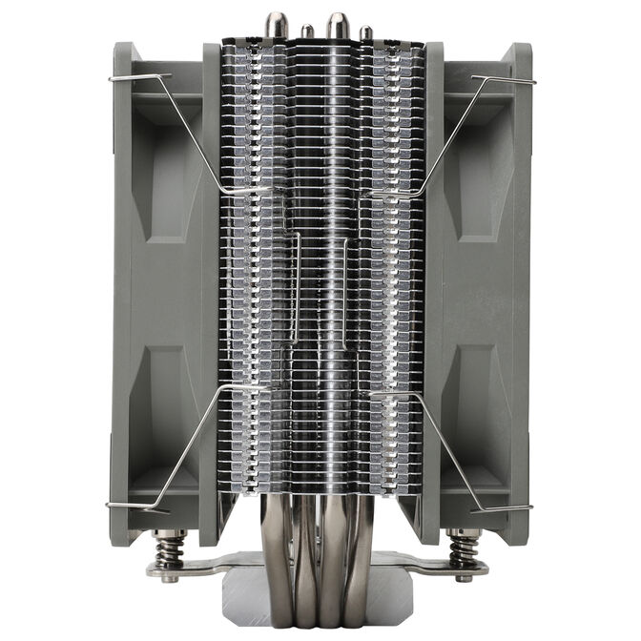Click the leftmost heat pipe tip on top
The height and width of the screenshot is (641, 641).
pos(278,22)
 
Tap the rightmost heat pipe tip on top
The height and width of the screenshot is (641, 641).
pos(365,32)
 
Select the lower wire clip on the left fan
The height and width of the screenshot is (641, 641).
pos(181,448)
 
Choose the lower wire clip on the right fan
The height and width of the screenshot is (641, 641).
pos(458,448)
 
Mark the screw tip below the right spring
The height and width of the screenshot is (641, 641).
pos(465,578)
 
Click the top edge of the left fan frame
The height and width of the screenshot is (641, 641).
pos(162,46)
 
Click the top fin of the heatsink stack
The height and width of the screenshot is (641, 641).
pos(320,43)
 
